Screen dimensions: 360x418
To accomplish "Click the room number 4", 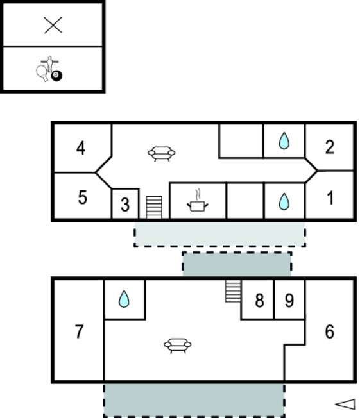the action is [81, 148].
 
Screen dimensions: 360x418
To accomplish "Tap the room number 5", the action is [83, 197].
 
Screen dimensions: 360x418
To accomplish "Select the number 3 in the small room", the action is [125, 205].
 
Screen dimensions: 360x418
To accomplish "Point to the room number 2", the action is [330, 147].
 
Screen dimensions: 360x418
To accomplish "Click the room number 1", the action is [330, 198].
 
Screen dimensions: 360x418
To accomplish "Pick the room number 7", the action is [79, 332].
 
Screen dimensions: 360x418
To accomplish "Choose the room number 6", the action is [330, 332].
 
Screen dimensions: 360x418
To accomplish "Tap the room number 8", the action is [259, 301].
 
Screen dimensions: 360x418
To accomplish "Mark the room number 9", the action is [289, 301].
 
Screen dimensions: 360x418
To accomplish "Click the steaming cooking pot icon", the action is [198, 201].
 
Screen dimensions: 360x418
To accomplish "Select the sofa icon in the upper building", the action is [162, 154].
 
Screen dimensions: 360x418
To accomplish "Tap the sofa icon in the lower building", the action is [178, 346].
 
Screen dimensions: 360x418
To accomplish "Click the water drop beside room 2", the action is [284, 141].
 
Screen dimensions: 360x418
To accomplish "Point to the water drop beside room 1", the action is [284, 202].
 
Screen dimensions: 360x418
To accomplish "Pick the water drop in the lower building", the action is [124, 299].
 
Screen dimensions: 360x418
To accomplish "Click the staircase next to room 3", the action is [154, 208].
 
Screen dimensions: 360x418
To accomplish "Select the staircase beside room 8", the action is [233, 291].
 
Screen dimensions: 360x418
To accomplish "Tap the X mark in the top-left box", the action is [53, 25].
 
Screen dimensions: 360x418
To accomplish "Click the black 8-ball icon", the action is [56, 76].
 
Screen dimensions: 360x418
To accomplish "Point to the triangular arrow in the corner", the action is [345, 404].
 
